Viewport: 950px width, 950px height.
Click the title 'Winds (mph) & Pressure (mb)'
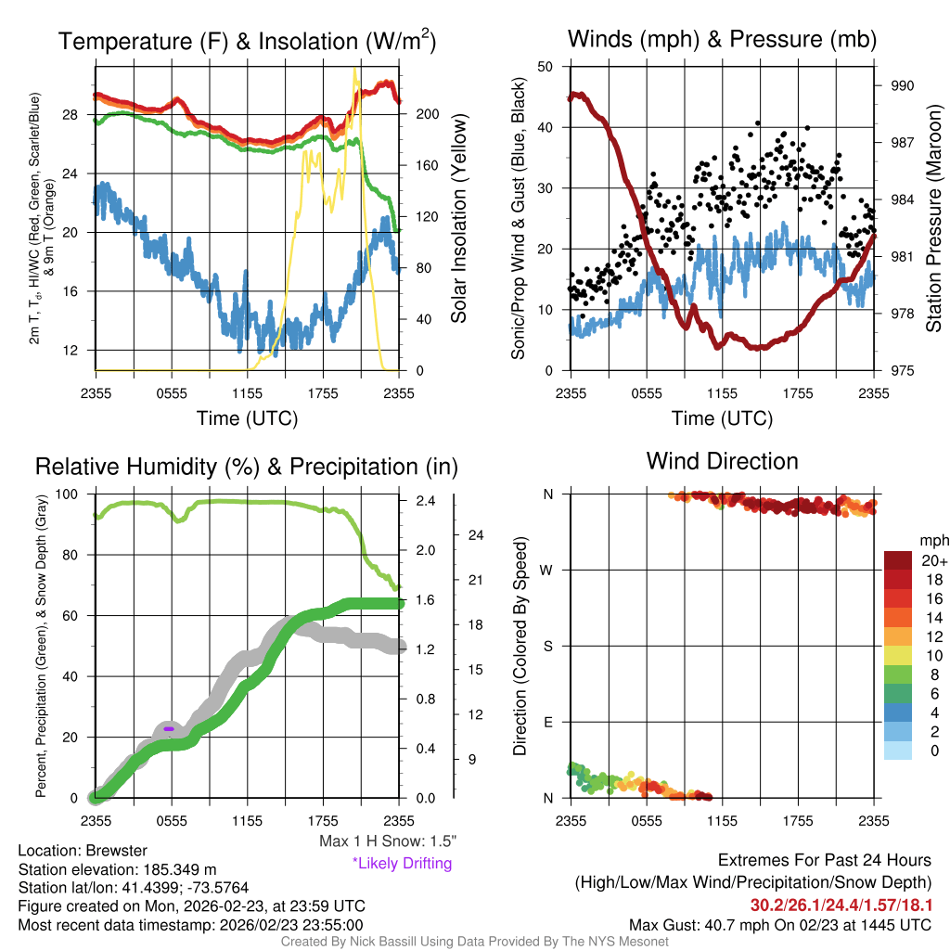click(722, 40)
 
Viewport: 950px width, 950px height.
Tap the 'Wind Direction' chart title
click(722, 461)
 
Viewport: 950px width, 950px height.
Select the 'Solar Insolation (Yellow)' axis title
click(459, 218)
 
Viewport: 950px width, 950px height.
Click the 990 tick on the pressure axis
click(902, 85)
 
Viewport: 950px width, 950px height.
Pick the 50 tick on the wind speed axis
click(546, 67)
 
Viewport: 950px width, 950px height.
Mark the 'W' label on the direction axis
click(548, 571)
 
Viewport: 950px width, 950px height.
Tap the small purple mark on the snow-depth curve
click(169, 729)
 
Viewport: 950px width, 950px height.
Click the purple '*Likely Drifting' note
click(402, 864)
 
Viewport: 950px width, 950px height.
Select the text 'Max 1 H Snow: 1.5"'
click(387, 841)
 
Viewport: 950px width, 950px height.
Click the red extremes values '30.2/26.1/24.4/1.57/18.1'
click(841, 904)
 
